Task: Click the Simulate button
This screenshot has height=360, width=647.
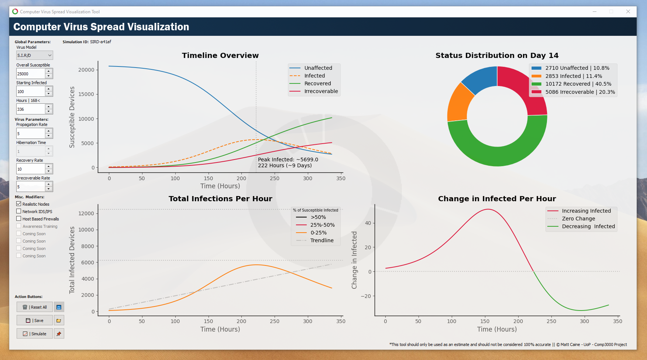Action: pos(35,334)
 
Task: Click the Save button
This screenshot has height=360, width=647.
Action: pos(35,320)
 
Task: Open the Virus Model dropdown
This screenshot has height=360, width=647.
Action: pos(35,55)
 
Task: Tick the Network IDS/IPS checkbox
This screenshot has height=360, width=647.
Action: pos(19,211)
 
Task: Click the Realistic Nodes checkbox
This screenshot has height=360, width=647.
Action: pos(19,204)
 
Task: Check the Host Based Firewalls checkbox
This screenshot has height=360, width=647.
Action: pos(19,219)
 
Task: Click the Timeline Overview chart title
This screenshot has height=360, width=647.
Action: pos(220,55)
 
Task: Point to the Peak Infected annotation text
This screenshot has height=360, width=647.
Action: pos(288,162)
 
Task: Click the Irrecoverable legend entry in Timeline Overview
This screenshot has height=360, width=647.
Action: pos(321,91)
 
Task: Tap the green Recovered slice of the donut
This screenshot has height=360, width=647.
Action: pos(498,151)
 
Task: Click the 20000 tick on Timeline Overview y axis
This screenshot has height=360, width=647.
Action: pos(86,70)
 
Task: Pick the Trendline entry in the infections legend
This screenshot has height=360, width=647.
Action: pos(321,240)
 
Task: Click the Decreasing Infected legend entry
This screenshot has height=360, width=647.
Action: pos(588,226)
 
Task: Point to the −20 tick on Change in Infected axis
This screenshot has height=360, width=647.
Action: pos(366,296)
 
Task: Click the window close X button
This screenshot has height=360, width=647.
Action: pos(628,11)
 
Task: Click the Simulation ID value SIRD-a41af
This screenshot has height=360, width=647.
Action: pos(100,42)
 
